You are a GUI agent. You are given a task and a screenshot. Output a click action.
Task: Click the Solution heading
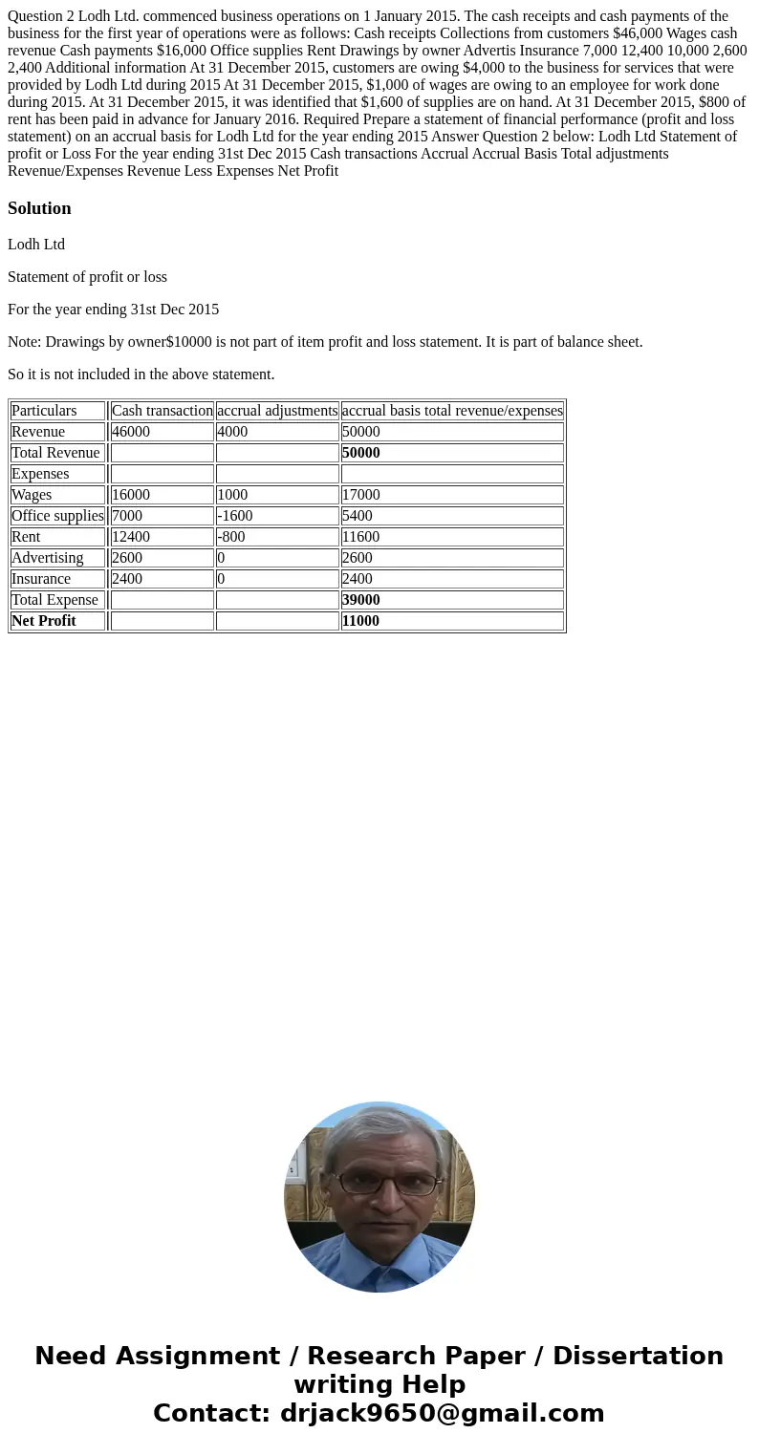[39, 208]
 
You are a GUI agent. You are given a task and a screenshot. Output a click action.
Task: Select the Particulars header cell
[44, 411]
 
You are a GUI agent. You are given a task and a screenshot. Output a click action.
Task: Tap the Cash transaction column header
[162, 411]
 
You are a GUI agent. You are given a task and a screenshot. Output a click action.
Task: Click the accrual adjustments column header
[277, 411]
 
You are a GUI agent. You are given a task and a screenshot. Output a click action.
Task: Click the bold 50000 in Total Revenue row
[361, 453]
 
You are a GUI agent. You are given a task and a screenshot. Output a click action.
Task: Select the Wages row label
[32, 495]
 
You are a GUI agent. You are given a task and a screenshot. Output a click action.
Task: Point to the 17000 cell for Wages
[361, 495]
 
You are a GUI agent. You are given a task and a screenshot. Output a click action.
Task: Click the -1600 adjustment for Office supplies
[235, 516]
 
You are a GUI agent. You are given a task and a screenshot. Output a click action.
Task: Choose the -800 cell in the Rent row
[231, 537]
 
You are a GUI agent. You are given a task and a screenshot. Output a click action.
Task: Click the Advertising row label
[48, 558]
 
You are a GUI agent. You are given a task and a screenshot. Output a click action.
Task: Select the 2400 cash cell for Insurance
[127, 579]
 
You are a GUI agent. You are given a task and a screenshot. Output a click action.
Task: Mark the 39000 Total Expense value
[361, 600]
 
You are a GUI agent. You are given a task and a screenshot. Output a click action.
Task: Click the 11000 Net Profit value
[361, 621]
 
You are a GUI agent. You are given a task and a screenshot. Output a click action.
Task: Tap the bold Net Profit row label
[44, 621]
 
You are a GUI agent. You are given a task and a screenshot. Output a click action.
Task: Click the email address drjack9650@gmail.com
[442, 1413]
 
